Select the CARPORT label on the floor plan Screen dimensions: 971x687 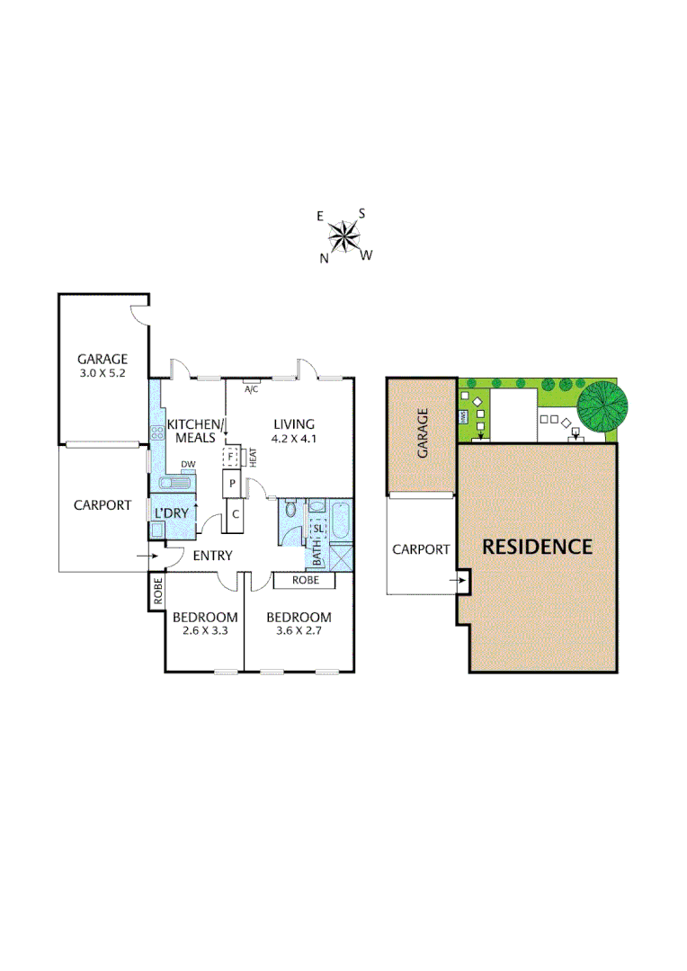pos(102,505)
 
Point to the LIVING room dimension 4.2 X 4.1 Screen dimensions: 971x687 pos(294,439)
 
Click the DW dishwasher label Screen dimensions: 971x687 pos(187,464)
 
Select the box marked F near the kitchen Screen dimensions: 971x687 pos(231,457)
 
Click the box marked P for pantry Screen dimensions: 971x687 pos(232,484)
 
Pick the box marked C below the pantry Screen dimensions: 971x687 pos(235,514)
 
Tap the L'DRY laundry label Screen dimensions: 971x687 pos(172,513)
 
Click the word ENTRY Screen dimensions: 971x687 pos(212,556)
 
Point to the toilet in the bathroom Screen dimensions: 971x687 pos(290,512)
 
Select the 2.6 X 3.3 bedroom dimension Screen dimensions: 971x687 pos(205,631)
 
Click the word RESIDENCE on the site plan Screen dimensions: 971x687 pos(537,547)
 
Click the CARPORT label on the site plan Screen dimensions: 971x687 pos(421,549)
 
